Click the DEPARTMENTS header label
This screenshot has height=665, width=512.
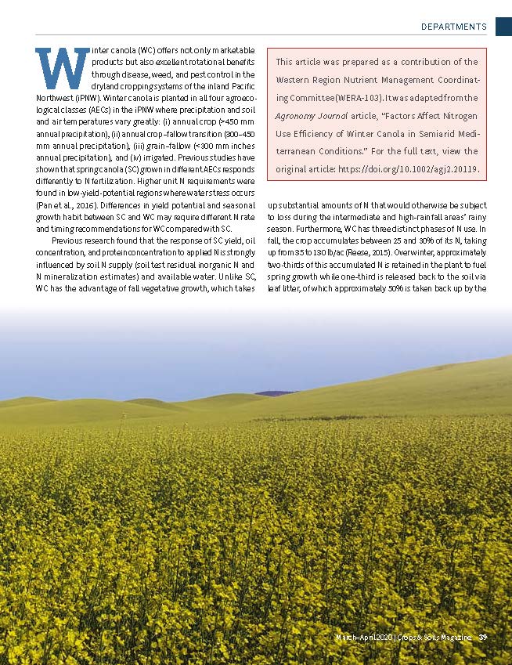point(453,27)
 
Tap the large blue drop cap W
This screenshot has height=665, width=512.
point(62,69)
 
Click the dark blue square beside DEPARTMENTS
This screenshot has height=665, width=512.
point(503,26)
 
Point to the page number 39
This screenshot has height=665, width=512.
point(483,637)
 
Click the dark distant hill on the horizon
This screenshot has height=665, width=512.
point(275,393)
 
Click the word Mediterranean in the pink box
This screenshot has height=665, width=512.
point(463,134)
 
